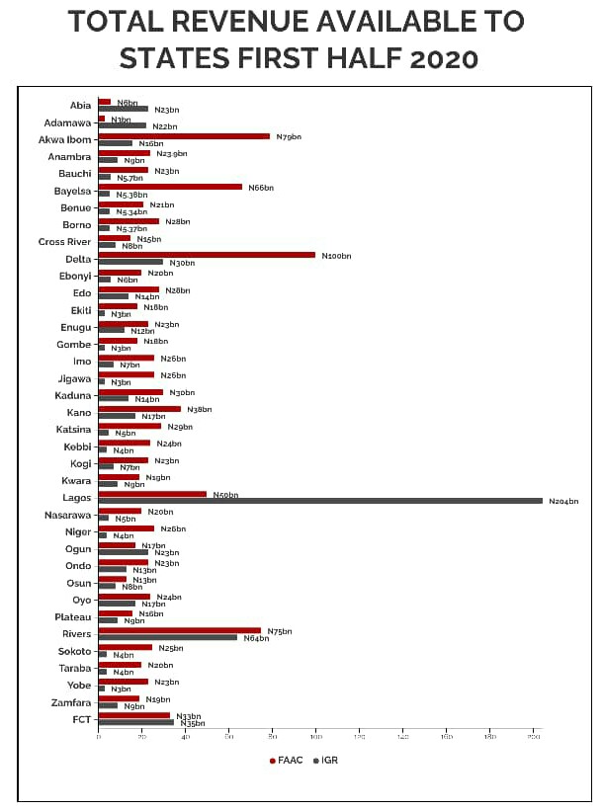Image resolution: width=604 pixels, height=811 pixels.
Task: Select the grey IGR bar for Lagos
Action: pyautogui.click(x=320, y=501)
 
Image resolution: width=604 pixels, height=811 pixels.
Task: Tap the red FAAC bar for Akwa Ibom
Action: pyautogui.click(x=184, y=136)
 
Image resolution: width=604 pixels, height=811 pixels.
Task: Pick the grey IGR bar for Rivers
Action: pyautogui.click(x=167, y=637)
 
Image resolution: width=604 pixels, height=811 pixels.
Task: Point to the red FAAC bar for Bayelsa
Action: pyautogui.click(x=170, y=187)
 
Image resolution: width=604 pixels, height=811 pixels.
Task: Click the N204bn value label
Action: pyautogui.click(x=563, y=502)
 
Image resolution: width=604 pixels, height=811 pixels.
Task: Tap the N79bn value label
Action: pyautogui.click(x=289, y=136)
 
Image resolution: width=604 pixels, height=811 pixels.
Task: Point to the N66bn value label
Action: pyautogui.click(x=261, y=188)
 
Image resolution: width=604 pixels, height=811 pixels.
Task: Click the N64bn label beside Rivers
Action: pyautogui.click(x=256, y=638)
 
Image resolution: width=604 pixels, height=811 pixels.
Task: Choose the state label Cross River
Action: pyautogui.click(x=64, y=242)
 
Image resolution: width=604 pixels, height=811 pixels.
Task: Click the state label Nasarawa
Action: pyautogui.click(x=68, y=515)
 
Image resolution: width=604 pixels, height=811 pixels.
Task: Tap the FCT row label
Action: pyautogui.click(x=82, y=719)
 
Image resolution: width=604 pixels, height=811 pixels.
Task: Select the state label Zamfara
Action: pyautogui.click(x=71, y=702)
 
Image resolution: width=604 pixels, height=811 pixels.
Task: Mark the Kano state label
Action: pyautogui.click(x=78, y=412)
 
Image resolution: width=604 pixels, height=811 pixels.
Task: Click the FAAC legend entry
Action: pyautogui.click(x=287, y=761)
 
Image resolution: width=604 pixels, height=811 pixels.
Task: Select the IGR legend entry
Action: pyautogui.click(x=325, y=761)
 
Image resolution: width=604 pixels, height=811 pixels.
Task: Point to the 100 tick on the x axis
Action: pyautogui.click(x=315, y=737)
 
